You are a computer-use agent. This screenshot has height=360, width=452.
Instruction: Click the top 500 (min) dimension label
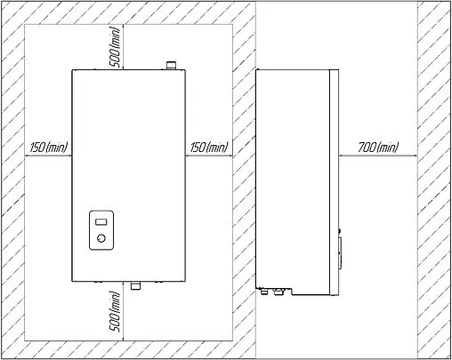click(x=116, y=47)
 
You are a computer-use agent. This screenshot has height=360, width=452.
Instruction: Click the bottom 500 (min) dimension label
click(x=116, y=311)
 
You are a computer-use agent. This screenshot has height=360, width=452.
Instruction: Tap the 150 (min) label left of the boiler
click(x=49, y=147)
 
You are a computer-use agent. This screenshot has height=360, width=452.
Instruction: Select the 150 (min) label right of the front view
click(x=209, y=147)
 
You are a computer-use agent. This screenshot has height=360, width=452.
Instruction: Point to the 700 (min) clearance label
click(x=378, y=147)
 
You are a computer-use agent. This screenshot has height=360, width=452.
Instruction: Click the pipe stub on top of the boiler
click(x=171, y=65)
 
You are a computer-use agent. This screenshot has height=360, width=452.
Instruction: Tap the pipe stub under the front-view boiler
click(x=136, y=285)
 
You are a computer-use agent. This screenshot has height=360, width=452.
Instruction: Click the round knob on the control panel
click(x=101, y=238)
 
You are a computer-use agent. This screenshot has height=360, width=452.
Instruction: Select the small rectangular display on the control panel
click(x=101, y=222)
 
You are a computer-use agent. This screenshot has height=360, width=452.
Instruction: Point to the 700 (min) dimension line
click(x=378, y=156)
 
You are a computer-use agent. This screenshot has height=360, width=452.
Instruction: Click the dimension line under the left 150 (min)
click(x=48, y=156)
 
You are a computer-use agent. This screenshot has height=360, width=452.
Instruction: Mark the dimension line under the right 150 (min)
click(x=209, y=156)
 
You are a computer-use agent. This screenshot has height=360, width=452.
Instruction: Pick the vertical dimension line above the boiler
click(x=124, y=47)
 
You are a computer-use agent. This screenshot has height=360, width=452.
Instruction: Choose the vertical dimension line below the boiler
click(x=124, y=311)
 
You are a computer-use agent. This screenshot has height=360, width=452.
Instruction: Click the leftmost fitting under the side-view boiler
click(x=263, y=292)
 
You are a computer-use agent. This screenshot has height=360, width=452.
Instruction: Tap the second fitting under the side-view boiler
click(x=278, y=292)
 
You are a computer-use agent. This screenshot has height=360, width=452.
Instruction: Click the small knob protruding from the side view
click(x=340, y=230)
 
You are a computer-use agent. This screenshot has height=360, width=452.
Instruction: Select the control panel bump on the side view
click(x=340, y=252)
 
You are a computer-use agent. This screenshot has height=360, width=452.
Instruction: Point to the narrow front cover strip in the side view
click(x=335, y=182)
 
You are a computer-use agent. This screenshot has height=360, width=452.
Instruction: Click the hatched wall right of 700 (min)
click(x=434, y=180)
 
